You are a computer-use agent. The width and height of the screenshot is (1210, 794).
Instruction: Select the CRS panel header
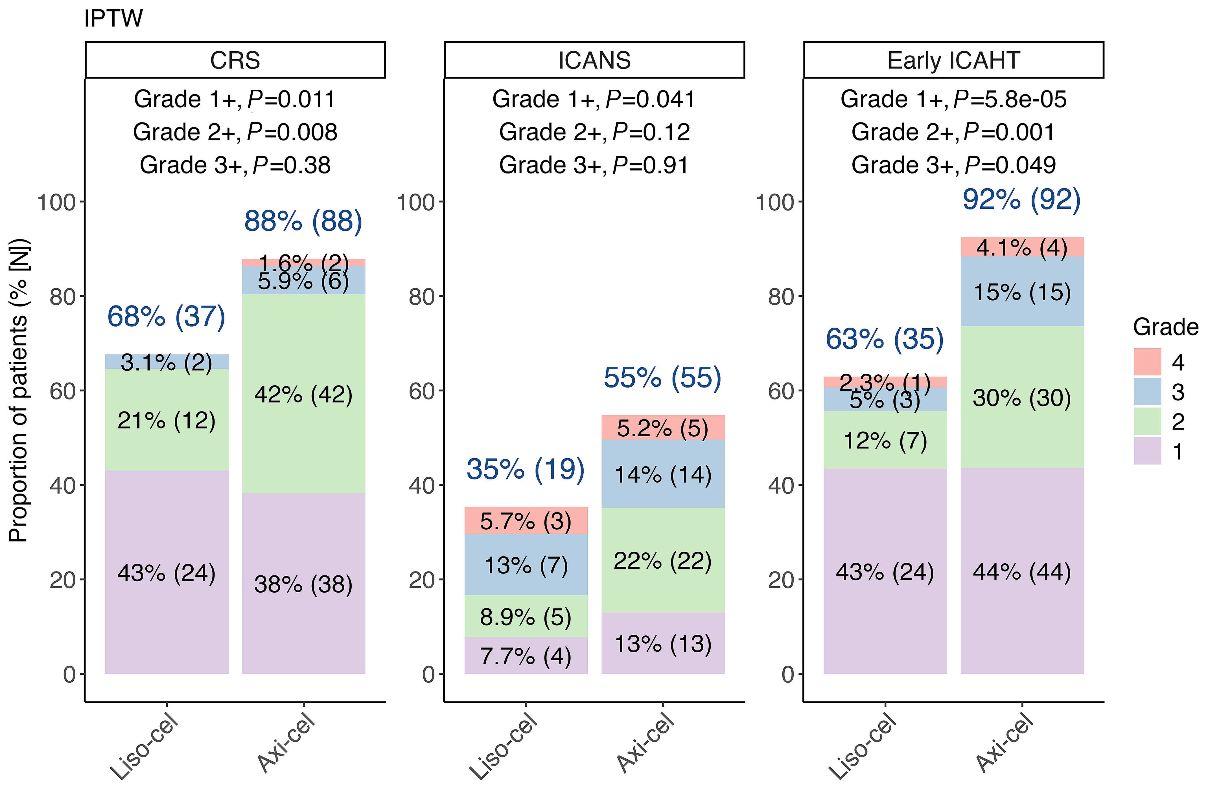(x=235, y=60)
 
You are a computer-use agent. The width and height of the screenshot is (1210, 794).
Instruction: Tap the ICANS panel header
(x=594, y=60)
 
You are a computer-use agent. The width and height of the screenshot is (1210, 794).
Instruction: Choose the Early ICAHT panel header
(x=953, y=60)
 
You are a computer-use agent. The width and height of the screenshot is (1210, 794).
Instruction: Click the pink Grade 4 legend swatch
(x=1147, y=362)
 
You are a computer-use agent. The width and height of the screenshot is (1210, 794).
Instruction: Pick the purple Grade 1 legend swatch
(x=1147, y=451)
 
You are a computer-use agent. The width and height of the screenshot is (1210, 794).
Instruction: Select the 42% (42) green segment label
(x=303, y=394)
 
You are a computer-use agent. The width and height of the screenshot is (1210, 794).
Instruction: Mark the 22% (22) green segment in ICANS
(x=662, y=561)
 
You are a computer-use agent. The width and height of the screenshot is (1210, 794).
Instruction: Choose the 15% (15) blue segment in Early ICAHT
(x=1022, y=292)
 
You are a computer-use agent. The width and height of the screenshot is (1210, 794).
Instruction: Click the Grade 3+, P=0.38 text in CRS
(x=235, y=165)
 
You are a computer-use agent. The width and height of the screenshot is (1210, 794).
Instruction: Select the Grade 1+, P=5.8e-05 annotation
(x=953, y=99)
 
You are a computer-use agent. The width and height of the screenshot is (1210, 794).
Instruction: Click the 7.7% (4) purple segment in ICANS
(x=526, y=656)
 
